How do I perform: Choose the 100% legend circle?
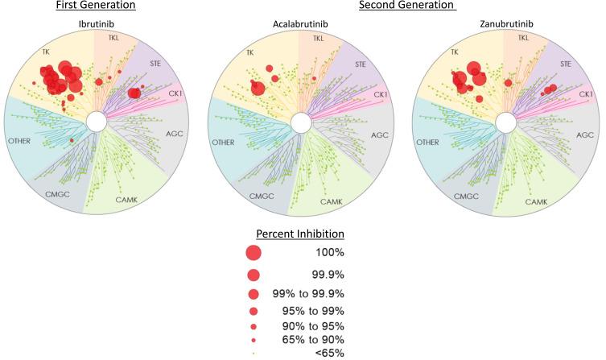[x=254, y=252]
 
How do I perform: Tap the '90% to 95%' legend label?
[x=317, y=325]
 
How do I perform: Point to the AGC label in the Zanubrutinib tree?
[x=581, y=134]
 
